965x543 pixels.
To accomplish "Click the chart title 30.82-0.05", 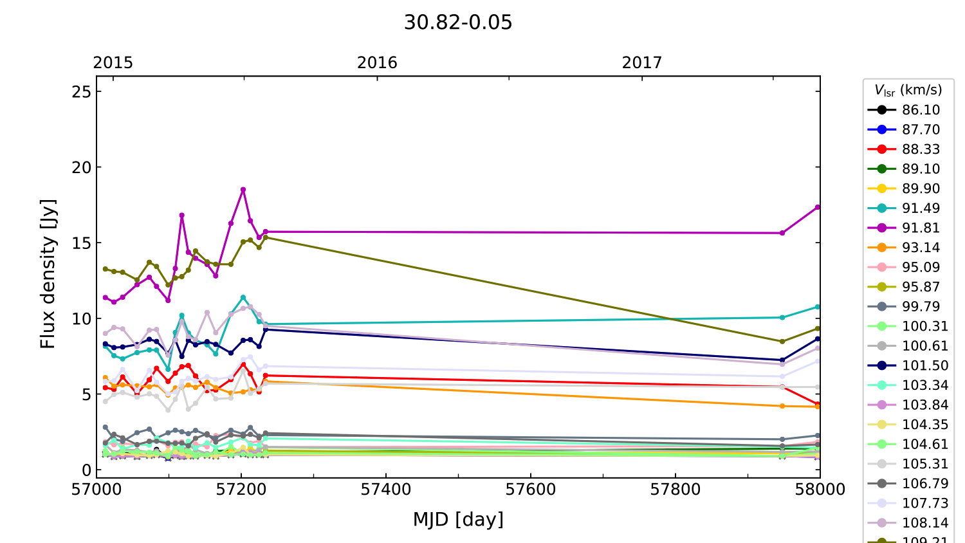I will (x=458, y=23).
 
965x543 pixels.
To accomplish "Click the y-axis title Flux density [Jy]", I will (x=48, y=274).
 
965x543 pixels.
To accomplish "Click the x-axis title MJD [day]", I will (x=458, y=519).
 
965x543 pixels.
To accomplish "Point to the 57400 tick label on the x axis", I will (x=386, y=490).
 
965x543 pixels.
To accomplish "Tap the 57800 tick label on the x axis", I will (x=675, y=490).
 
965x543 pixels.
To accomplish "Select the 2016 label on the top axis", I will (x=377, y=62).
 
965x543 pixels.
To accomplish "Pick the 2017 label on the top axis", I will (x=641, y=62).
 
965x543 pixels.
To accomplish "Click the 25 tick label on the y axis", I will (x=82, y=91).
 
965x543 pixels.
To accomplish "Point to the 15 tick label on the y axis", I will (x=82, y=243).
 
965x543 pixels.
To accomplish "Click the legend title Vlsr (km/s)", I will (x=908, y=90).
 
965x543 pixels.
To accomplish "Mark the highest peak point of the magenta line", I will (x=243, y=190).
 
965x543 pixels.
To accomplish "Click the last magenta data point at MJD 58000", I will (x=818, y=207).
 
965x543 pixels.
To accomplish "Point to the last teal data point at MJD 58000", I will (x=818, y=307).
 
